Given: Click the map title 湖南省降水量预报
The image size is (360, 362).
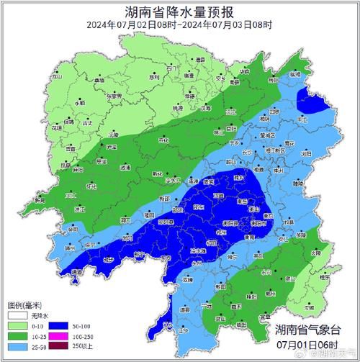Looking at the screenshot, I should click(x=179, y=12).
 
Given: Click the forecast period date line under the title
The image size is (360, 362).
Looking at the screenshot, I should click(x=179, y=25).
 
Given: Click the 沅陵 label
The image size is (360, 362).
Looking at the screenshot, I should click(x=113, y=135).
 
